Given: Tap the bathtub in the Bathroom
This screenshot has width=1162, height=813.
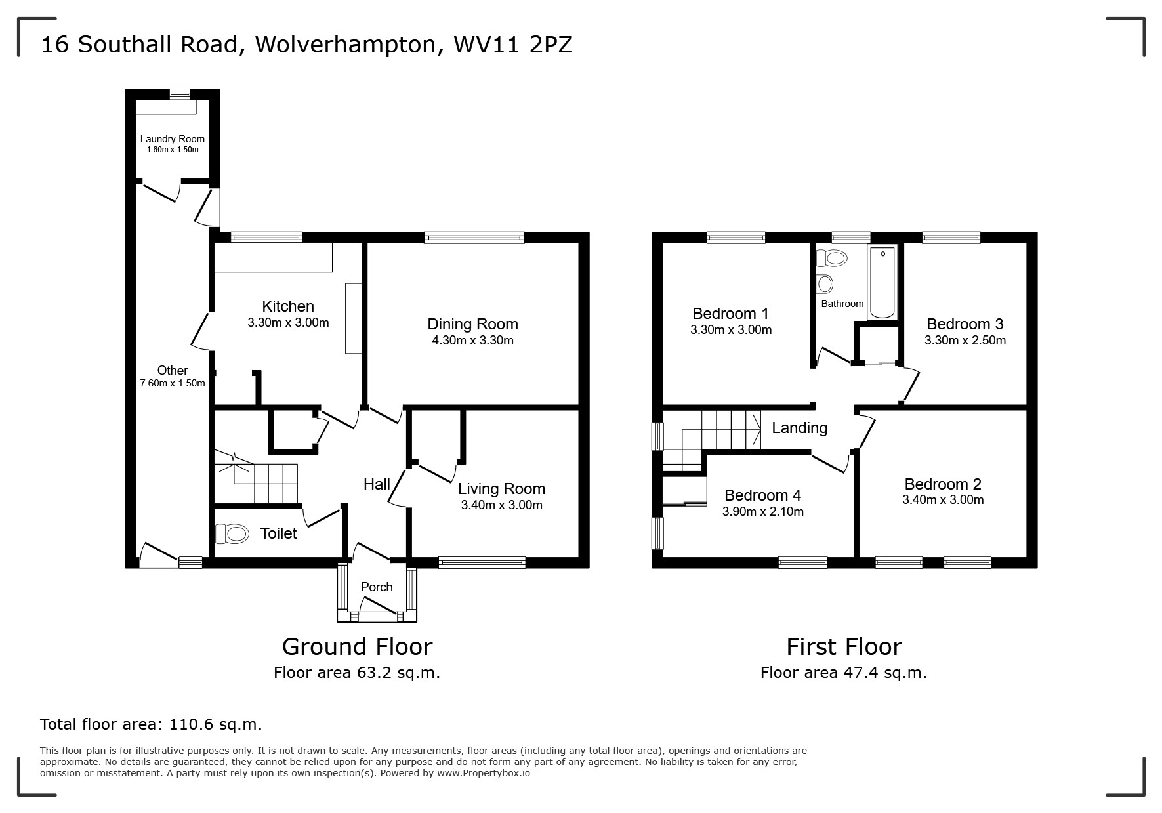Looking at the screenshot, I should click(882, 283).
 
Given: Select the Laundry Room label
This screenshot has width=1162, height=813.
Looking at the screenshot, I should click(172, 139).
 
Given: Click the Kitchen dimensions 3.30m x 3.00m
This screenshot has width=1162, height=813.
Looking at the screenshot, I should click(288, 323).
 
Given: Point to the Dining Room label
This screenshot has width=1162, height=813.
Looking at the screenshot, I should click(472, 324).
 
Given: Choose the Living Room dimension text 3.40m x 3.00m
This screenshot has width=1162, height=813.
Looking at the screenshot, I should click(501, 505).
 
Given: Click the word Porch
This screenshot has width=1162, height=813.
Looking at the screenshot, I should click(377, 587).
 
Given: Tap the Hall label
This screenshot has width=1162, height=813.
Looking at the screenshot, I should click(377, 484).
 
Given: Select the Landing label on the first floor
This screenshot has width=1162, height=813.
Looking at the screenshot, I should click(799, 428).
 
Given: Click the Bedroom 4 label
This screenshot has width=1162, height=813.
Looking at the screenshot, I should click(762, 495).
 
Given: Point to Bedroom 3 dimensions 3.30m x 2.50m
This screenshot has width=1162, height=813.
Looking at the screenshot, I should click(965, 341).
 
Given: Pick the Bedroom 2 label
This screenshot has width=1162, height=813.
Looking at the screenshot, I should click(942, 484).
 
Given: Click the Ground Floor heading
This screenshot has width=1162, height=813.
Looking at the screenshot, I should click(357, 647).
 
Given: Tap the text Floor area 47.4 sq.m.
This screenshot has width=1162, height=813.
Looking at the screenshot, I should click(843, 673).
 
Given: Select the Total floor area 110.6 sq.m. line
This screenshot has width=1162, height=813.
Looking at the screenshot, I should click(151, 724).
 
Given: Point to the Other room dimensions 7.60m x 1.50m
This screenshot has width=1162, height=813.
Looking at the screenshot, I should click(172, 383).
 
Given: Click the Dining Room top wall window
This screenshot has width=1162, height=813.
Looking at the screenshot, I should click(474, 238).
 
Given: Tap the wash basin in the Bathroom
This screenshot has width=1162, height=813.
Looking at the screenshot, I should click(825, 284).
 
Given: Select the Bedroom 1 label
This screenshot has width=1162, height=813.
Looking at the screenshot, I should click(730, 314).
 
